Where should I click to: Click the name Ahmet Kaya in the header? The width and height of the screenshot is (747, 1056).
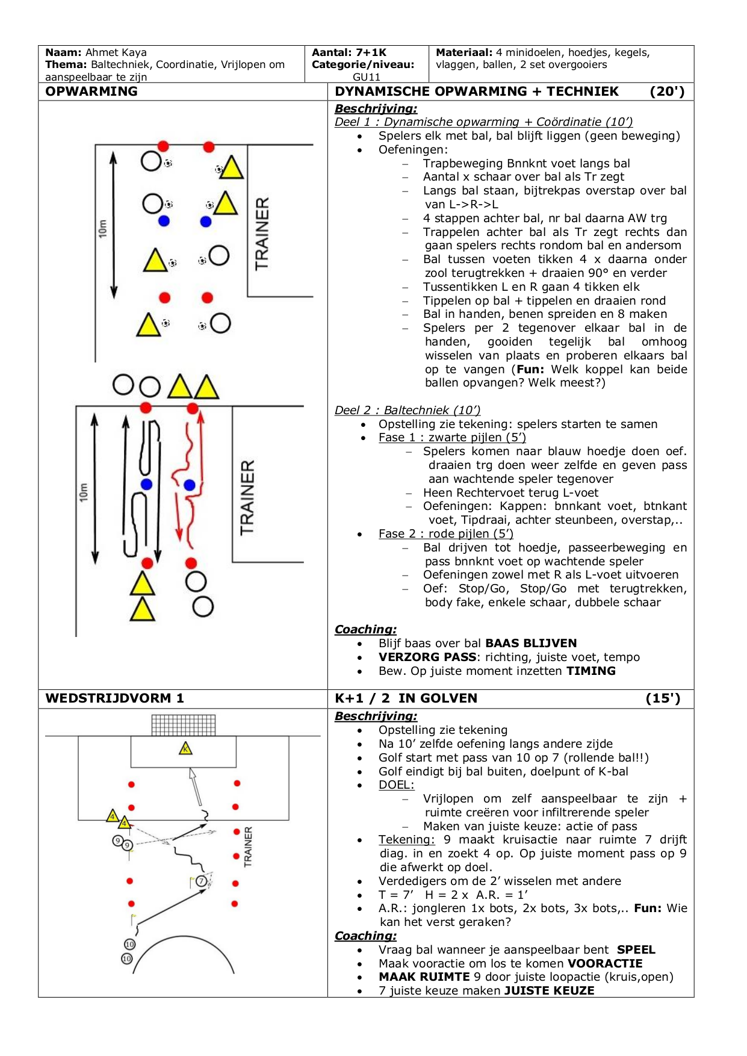pos(116,52)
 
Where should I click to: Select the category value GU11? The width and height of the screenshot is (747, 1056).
pos(367,76)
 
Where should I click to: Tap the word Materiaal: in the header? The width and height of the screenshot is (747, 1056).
pos(463,52)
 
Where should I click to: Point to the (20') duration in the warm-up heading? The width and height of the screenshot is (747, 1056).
pos(667,92)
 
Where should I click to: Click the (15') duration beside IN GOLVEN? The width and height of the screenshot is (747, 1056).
pos(663,698)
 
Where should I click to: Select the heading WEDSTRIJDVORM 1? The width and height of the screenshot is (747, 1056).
pos(114,698)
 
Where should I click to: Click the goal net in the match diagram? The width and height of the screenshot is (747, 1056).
pos(183,724)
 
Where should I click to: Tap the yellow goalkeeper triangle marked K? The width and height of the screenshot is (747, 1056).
pos(185,749)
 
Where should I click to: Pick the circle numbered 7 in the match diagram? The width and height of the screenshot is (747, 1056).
pos(202,881)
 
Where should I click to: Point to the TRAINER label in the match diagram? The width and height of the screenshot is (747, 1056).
pos(248,846)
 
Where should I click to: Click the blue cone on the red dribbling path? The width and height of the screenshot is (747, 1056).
pos(190,485)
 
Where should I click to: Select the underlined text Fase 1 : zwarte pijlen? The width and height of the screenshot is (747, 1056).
pos(452,438)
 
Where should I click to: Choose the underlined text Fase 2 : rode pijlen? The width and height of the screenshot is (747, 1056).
pos(445,534)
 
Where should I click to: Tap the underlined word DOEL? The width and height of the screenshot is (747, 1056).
pos(396,785)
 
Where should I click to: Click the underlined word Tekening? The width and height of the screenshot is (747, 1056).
pos(406,840)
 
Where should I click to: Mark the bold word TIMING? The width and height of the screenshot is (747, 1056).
pos(591,671)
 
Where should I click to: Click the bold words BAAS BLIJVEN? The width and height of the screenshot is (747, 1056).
pos(531,644)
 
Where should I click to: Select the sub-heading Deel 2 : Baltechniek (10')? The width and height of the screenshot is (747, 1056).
pos(408,411)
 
